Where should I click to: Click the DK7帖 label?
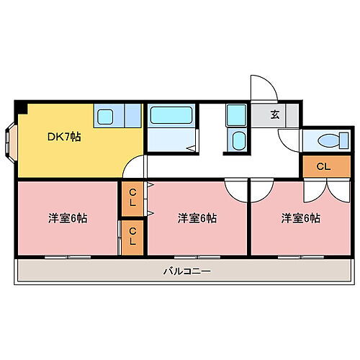tap(64, 136)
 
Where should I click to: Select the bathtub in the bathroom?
tap(171, 117)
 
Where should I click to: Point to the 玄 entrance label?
tap(276, 114)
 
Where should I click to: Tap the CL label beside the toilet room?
tap(323, 167)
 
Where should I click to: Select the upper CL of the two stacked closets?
tap(132, 197)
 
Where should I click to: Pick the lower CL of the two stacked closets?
tap(132, 238)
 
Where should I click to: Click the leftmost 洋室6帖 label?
tap(68, 217)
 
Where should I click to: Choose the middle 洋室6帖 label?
tap(198, 217)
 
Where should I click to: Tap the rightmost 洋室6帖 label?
tap(301, 217)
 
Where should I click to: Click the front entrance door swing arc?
tap(263, 88)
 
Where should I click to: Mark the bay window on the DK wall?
tap(9, 141)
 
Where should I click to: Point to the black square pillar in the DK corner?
tap(22, 109)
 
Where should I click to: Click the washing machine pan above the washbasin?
tap(236, 115)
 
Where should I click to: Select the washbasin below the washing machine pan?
tap(238, 140)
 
